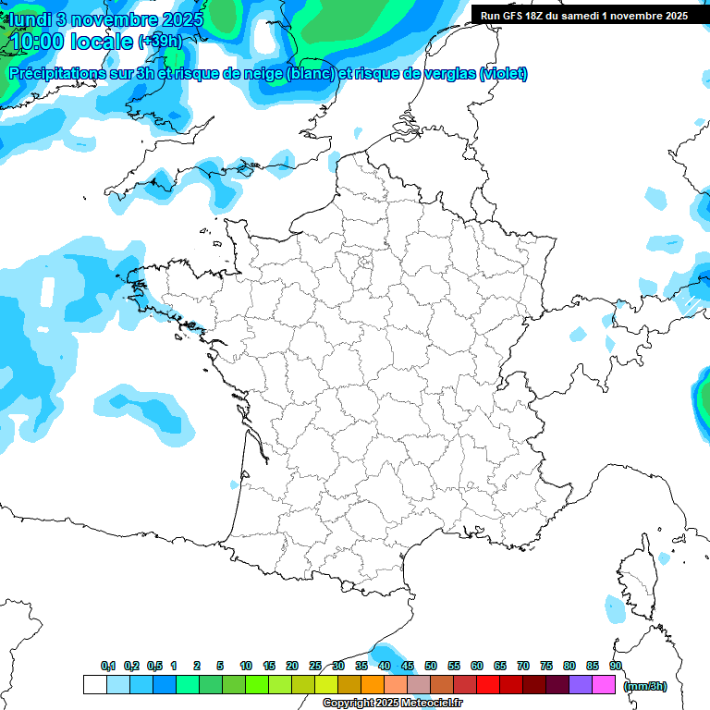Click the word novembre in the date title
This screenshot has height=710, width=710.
click(110, 18)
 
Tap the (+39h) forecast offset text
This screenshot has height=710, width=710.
click(160, 42)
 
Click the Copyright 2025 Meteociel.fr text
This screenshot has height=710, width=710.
click(392, 704)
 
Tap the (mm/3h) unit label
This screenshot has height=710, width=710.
click(645, 686)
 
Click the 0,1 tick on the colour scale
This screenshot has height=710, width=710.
click(108, 666)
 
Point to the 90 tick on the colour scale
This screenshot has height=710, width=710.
click(616, 666)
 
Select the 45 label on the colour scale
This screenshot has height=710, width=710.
click(408, 666)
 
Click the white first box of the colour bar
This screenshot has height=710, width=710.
click(94, 685)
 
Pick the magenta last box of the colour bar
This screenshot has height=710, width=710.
click(604, 685)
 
